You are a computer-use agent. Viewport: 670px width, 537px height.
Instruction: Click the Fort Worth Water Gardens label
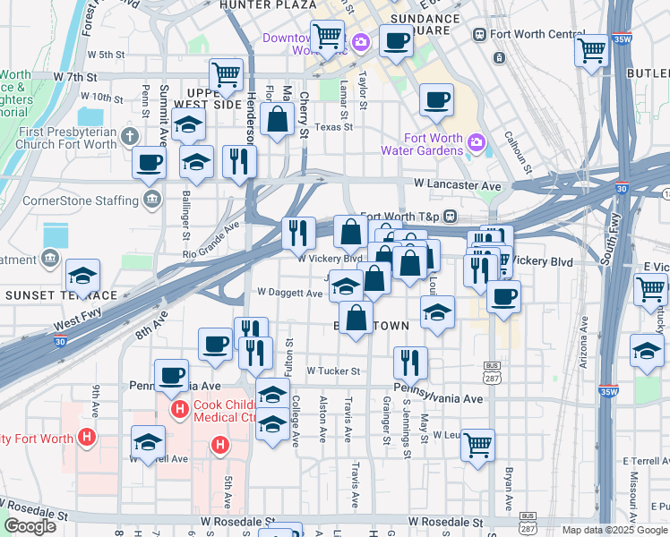pos(434,143)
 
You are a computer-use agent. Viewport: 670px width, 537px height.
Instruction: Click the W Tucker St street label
pos(332,371)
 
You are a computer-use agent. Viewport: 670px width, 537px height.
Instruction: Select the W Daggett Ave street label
pos(289,293)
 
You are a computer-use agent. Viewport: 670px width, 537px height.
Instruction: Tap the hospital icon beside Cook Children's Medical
pos(179,410)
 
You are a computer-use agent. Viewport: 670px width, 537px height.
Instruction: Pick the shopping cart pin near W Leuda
pos(478,443)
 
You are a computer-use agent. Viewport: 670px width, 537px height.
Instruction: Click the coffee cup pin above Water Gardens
pos(435,100)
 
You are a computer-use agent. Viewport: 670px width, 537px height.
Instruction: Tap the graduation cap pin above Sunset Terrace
pos(82,276)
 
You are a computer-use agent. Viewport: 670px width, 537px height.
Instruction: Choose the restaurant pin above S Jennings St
pos(410,362)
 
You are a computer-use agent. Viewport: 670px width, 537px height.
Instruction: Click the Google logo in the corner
pos(30,526)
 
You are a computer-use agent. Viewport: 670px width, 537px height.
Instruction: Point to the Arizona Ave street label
pos(583,352)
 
